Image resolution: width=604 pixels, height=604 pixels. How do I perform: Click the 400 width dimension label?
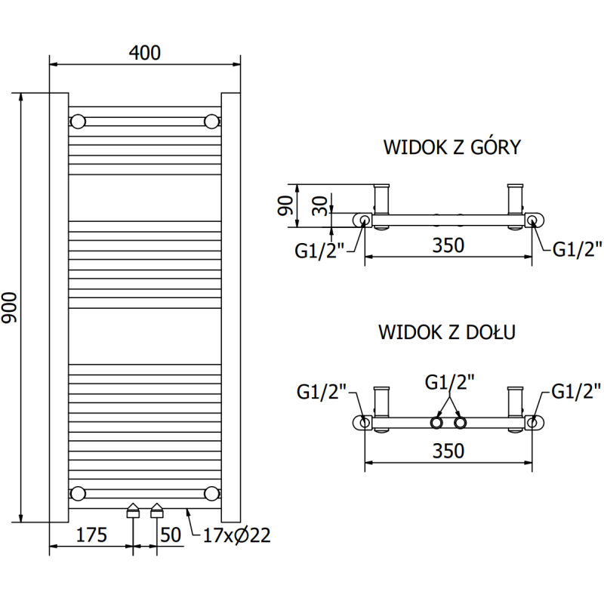coord(145,52)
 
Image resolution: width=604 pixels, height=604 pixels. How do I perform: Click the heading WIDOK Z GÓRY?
coord(451,146)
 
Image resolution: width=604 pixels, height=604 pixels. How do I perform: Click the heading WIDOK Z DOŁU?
coord(447,332)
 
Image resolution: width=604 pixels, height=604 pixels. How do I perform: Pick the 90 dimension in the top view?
coord(285,205)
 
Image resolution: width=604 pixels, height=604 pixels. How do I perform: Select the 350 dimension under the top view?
coord(448,246)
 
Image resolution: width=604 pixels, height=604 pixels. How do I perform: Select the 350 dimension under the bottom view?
coord(448,451)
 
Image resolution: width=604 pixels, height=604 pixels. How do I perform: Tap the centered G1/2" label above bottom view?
coord(450,382)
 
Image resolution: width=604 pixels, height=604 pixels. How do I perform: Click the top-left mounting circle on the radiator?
coord(78,121)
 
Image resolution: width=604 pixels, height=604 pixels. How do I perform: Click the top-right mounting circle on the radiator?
coord(211,121)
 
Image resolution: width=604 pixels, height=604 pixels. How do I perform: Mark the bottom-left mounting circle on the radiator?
coord(78,494)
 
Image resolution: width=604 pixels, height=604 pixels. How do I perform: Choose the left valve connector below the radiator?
coord(133,511)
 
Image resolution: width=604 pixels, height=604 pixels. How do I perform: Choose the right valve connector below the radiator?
coord(157,511)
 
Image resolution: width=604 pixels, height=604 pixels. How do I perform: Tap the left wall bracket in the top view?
coord(382,202)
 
